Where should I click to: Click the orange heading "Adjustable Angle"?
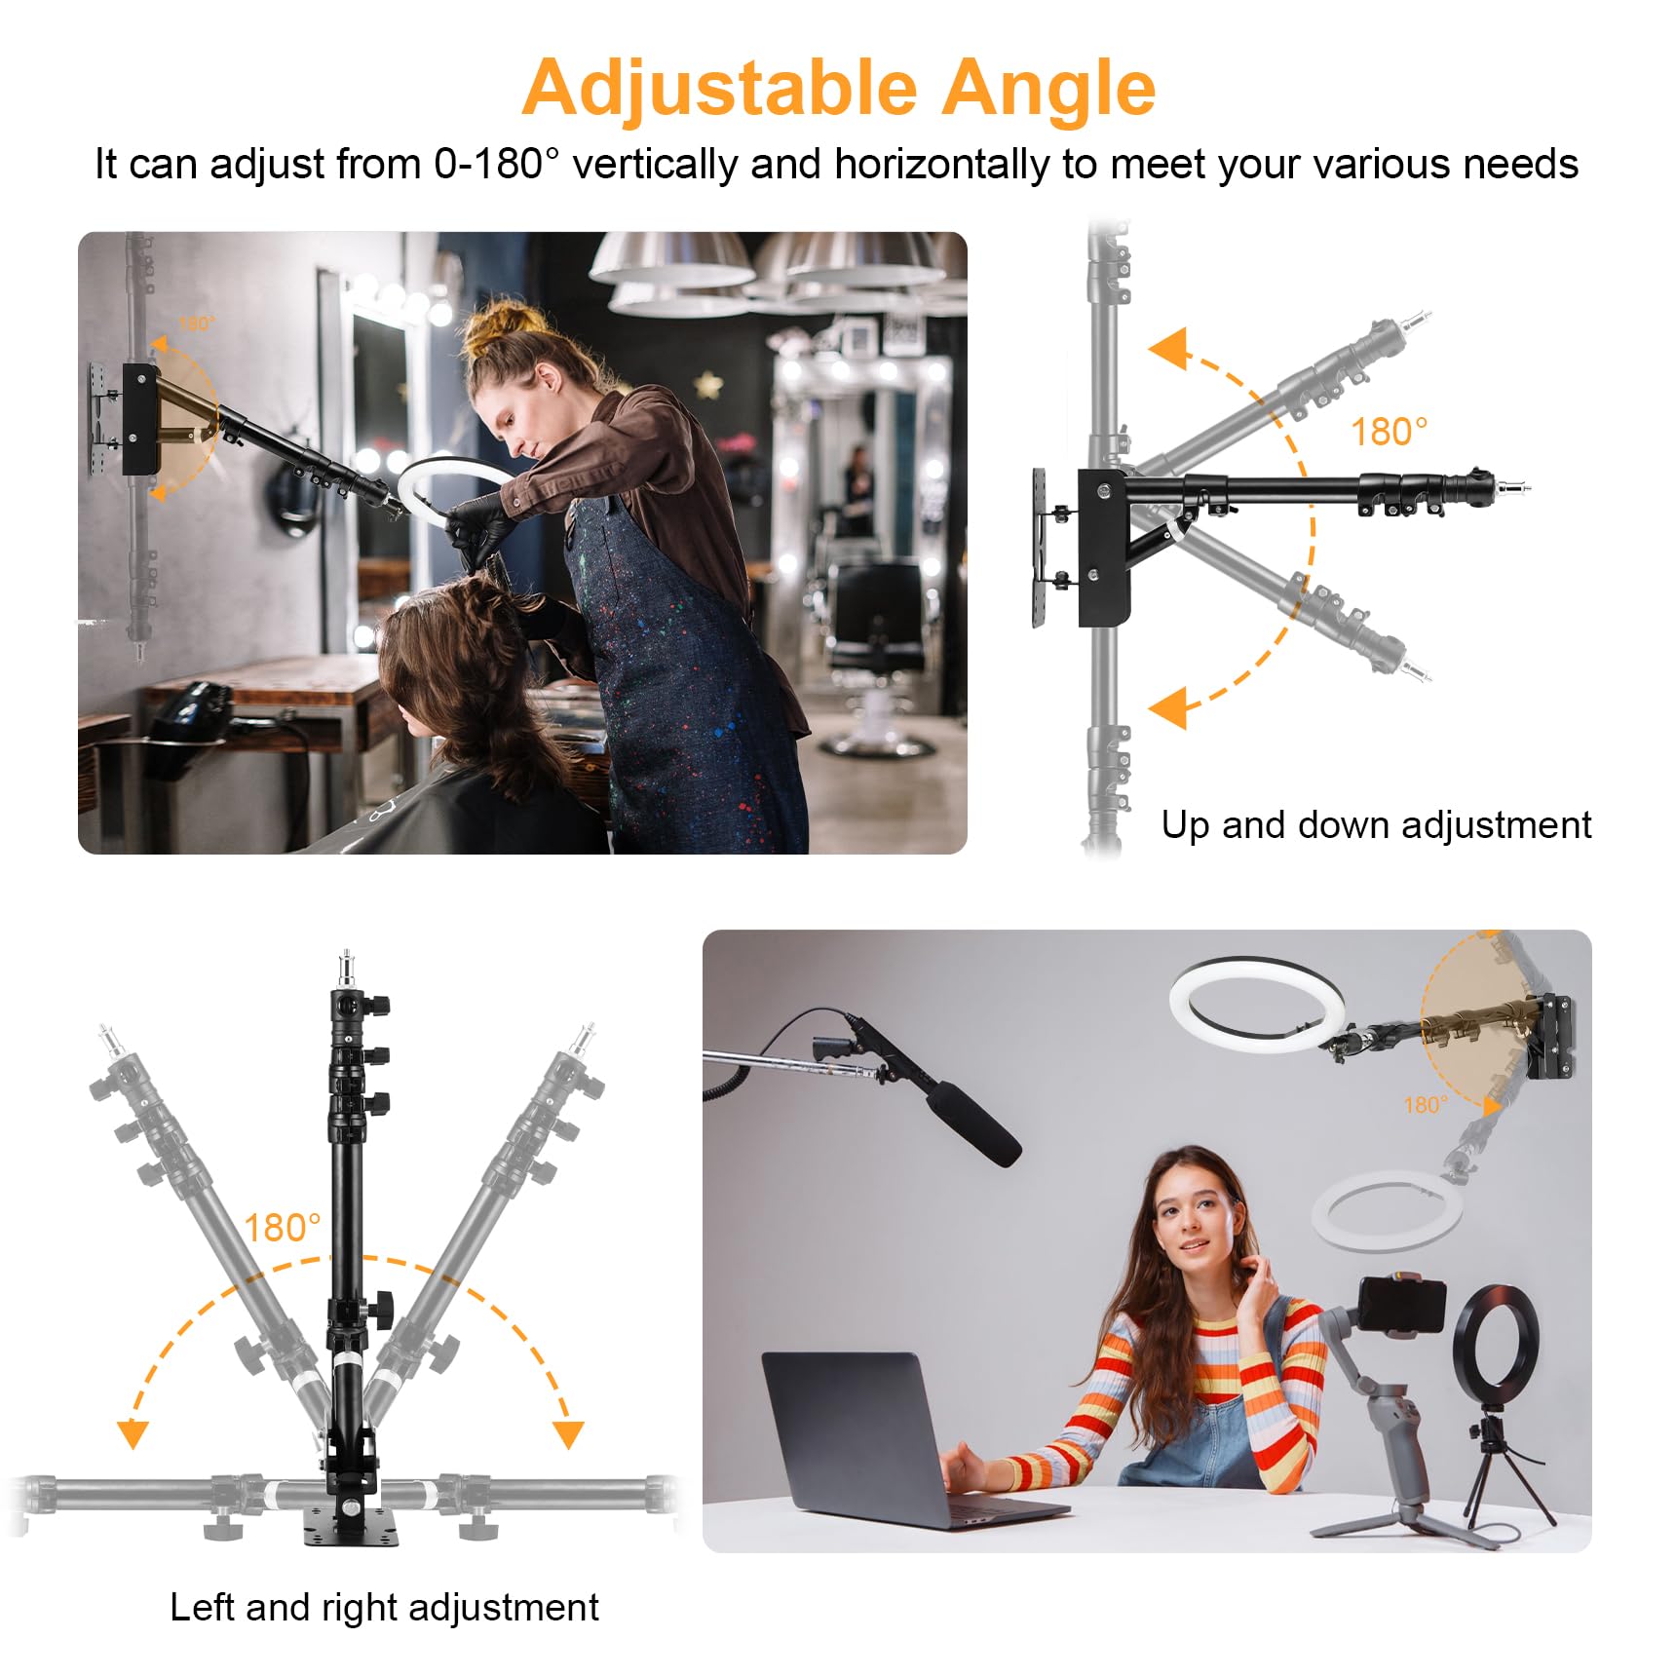click(x=838, y=89)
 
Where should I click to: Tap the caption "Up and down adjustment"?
click(x=1375, y=825)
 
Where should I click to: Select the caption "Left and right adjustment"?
click(x=384, y=1607)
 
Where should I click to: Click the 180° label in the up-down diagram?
click(x=1389, y=432)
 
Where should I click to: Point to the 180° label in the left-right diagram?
click(x=282, y=1228)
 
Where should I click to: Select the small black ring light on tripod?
click(x=1495, y=1346)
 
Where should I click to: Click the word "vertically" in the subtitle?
click(x=654, y=165)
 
